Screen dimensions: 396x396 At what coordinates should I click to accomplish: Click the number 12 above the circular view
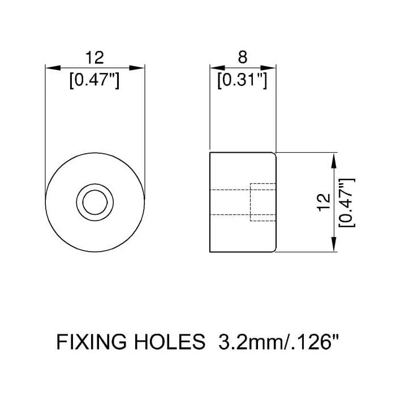tap(94, 58)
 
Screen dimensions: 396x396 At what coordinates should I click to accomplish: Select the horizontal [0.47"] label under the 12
tap(94, 81)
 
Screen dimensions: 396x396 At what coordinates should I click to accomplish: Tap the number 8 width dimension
tap(243, 58)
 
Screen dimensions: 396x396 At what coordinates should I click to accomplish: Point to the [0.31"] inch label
tap(242, 81)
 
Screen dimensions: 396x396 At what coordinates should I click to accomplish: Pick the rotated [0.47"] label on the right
tap(347, 203)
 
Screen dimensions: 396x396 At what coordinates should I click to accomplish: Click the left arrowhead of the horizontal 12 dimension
tap(53, 68)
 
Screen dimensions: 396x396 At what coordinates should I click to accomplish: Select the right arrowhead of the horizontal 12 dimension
tap(137, 68)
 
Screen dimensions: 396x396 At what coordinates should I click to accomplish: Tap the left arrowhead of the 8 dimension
tap(217, 68)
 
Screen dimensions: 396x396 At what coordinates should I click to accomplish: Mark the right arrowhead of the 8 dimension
tap(268, 68)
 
